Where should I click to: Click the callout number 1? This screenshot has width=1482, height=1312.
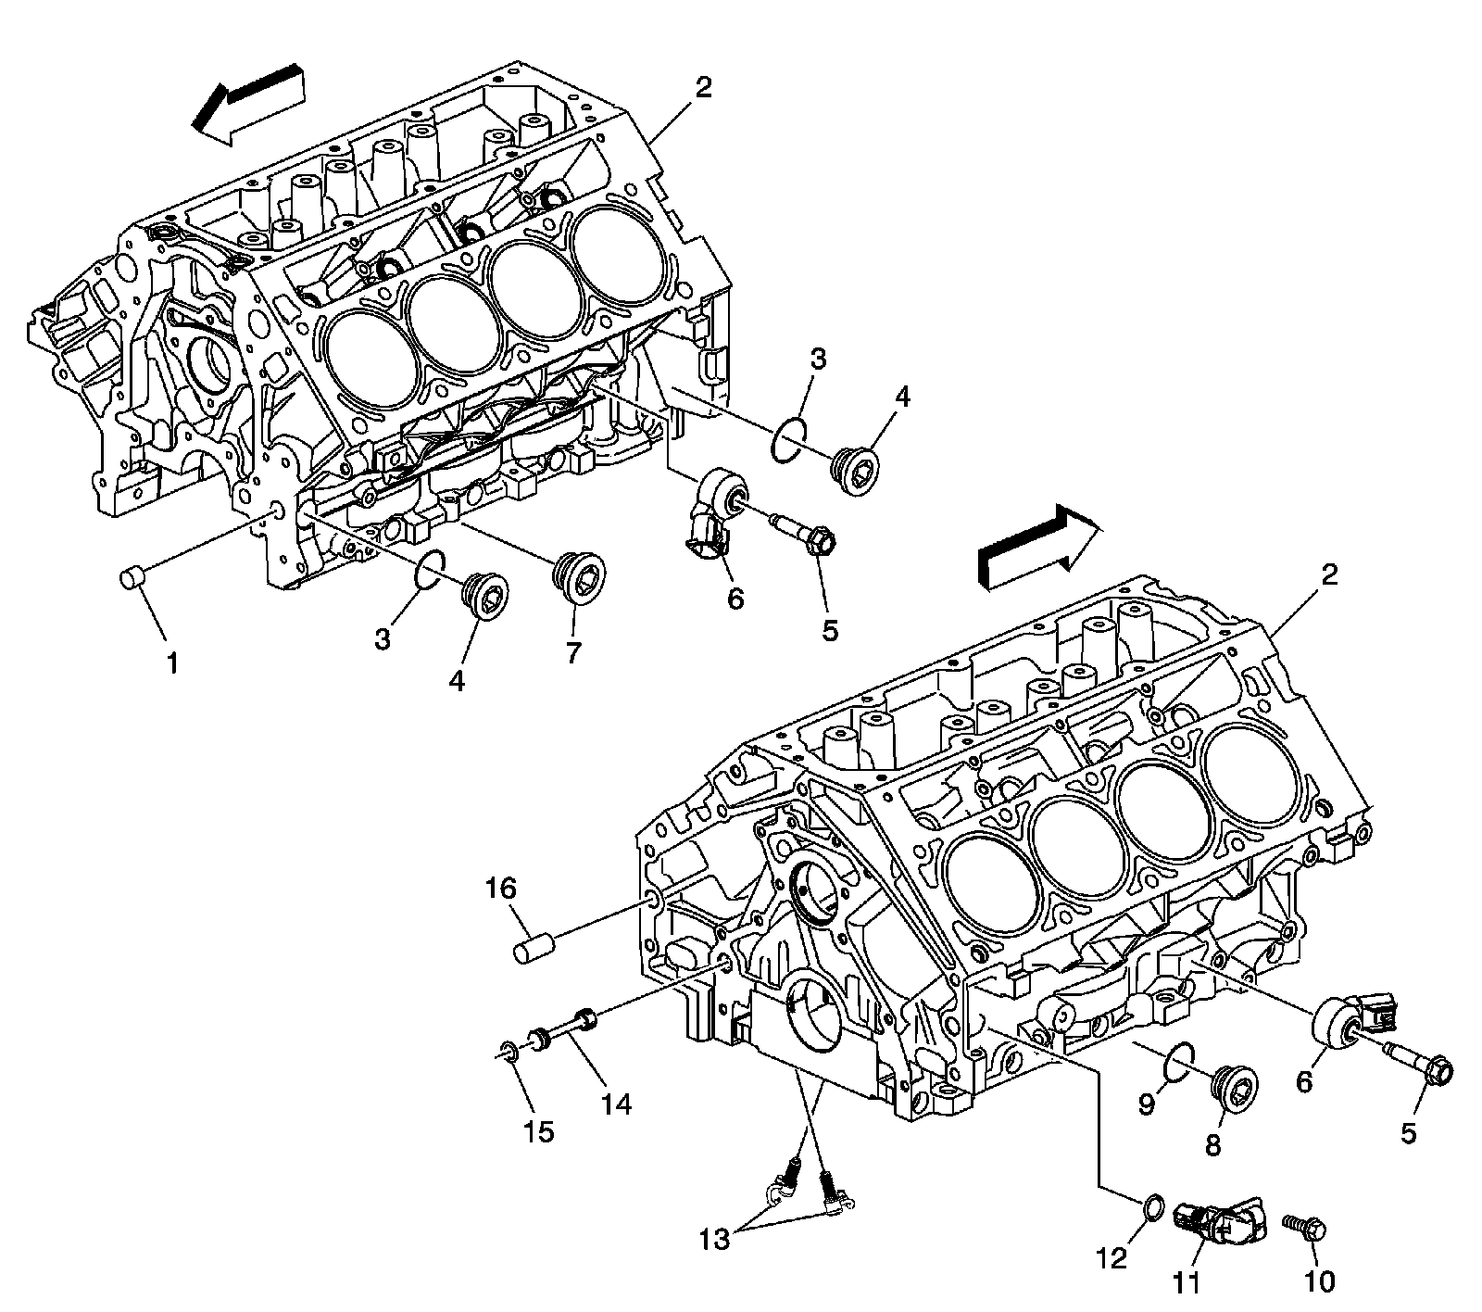[x=172, y=663]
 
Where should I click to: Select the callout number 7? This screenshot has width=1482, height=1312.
[x=573, y=653]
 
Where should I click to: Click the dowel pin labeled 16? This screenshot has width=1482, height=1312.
[x=534, y=951]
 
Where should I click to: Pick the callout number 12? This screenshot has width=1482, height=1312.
[x=1112, y=1258]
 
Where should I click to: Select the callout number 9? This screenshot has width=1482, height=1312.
[x=1147, y=1104]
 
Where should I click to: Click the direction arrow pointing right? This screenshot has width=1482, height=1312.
[x=1037, y=548]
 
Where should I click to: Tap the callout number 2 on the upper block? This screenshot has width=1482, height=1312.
[x=704, y=88]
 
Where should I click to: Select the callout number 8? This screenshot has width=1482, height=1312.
[x=1212, y=1143]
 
